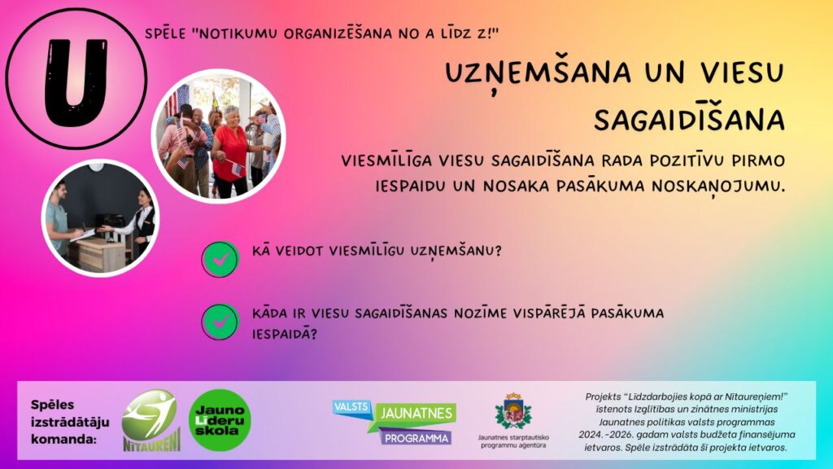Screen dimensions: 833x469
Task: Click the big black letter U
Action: pos(76,81)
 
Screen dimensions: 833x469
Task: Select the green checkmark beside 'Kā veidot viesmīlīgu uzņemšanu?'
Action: pos(220,259)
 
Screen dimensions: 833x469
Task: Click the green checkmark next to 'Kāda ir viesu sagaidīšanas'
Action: pos(220,322)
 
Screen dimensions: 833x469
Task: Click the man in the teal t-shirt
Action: pos(59,221)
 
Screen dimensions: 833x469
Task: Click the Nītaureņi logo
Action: pos(151,420)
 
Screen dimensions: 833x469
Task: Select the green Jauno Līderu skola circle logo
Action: pos(220,420)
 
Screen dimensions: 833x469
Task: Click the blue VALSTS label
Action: pos(351,407)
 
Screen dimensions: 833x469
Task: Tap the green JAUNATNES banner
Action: pos(416,413)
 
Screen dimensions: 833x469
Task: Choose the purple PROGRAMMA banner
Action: pos(416,437)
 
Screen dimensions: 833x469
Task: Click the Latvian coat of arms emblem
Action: pos(513,411)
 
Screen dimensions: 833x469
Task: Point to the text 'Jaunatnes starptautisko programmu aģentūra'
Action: pos(513,441)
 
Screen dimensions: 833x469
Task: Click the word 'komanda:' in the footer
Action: pos(63,439)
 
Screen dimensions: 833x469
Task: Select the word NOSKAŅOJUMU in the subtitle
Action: pos(717,186)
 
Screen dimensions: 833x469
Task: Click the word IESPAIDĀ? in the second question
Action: pos(285,334)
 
